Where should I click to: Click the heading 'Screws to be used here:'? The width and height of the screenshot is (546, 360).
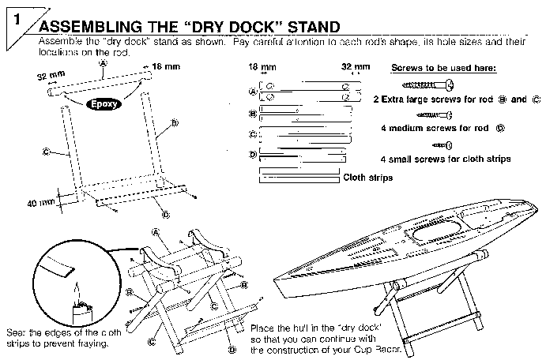click(443, 68)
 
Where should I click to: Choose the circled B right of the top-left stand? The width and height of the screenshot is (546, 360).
click(175, 123)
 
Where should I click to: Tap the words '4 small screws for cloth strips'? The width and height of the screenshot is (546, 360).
click(445, 159)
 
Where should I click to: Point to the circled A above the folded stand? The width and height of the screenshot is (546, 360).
click(156, 230)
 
